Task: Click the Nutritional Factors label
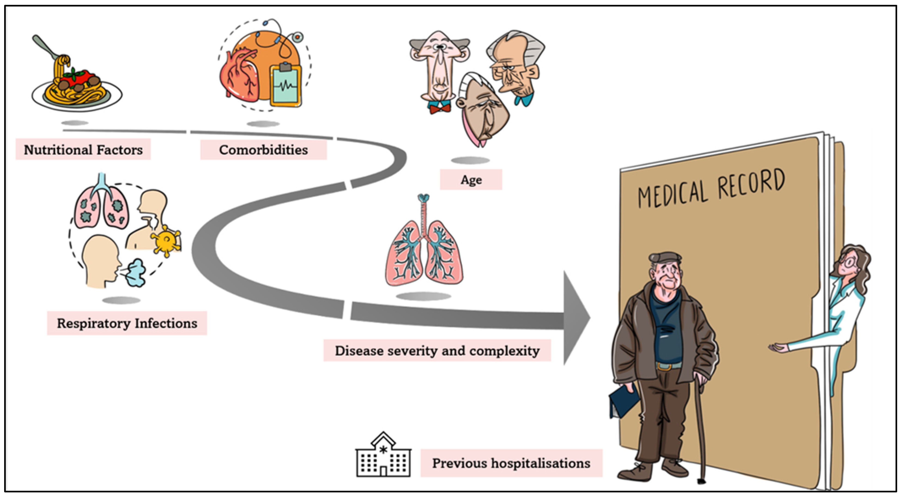click(x=83, y=150)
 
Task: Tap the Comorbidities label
click(x=263, y=150)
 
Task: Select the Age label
click(x=471, y=180)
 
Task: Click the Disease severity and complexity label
click(x=437, y=350)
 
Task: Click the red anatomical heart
click(x=240, y=75)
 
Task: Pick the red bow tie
click(x=440, y=108)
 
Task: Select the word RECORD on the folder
click(x=751, y=183)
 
